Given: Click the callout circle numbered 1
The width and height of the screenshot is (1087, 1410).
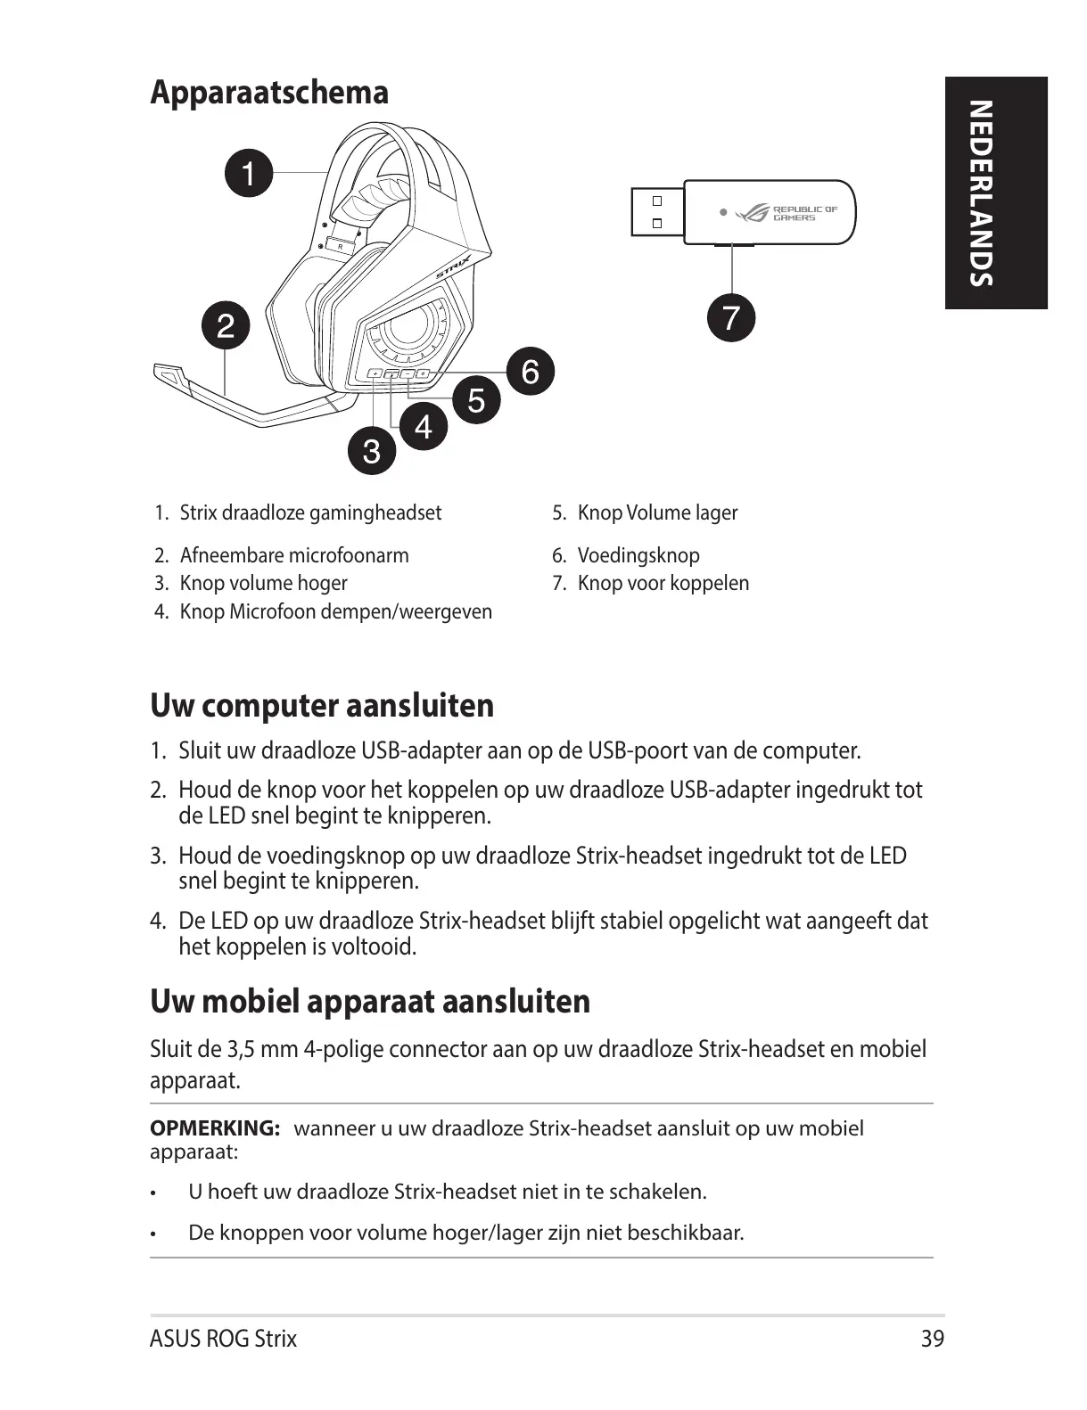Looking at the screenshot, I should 249,173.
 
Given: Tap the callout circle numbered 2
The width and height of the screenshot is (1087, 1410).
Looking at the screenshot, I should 226,326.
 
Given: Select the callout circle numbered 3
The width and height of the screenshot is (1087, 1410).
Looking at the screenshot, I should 371,451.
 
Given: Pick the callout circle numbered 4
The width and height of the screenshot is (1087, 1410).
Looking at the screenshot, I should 424,426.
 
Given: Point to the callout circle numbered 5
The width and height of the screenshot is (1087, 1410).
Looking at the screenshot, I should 477,399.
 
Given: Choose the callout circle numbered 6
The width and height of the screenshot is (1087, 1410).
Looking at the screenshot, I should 531,371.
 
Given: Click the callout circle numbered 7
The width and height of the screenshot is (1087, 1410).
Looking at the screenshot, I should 730,318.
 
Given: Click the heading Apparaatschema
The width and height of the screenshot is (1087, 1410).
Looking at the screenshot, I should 269,93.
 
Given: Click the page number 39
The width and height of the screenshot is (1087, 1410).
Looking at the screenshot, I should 932,1339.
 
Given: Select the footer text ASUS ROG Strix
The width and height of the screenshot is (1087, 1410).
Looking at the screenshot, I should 224,1339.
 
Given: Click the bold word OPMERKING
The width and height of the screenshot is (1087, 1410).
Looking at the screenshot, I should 215,1128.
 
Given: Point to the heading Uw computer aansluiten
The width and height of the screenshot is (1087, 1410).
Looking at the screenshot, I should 322,706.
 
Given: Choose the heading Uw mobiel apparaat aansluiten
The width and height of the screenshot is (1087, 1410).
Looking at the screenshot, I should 370,1001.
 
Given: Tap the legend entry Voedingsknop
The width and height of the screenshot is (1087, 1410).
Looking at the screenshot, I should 638,555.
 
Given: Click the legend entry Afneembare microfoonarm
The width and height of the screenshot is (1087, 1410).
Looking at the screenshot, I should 294,555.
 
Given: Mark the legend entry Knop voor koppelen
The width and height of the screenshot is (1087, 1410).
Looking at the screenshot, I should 663,583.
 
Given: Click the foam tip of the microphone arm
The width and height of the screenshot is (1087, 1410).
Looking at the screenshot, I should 170,375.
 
